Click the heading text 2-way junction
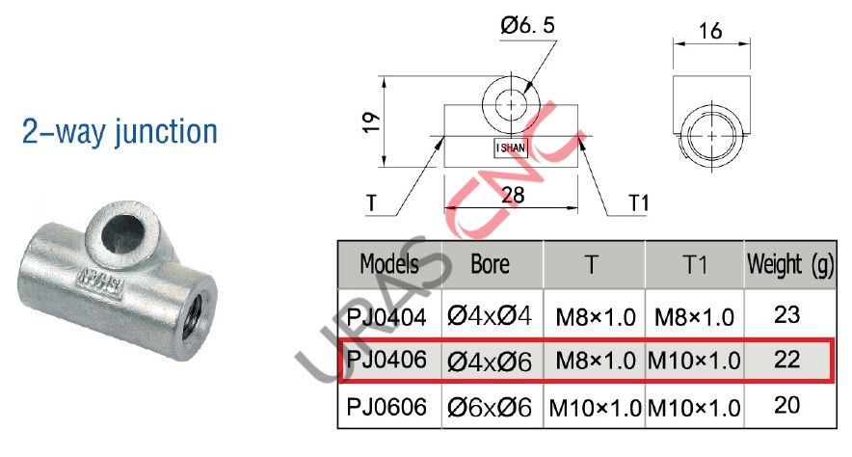point(120,132)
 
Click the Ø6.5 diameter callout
point(526,29)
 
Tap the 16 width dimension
point(712,31)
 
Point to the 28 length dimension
point(513,194)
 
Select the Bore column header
point(490,263)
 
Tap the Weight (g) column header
point(788,263)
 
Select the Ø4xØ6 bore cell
point(490,362)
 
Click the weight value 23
point(787,313)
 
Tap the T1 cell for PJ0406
point(694,362)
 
